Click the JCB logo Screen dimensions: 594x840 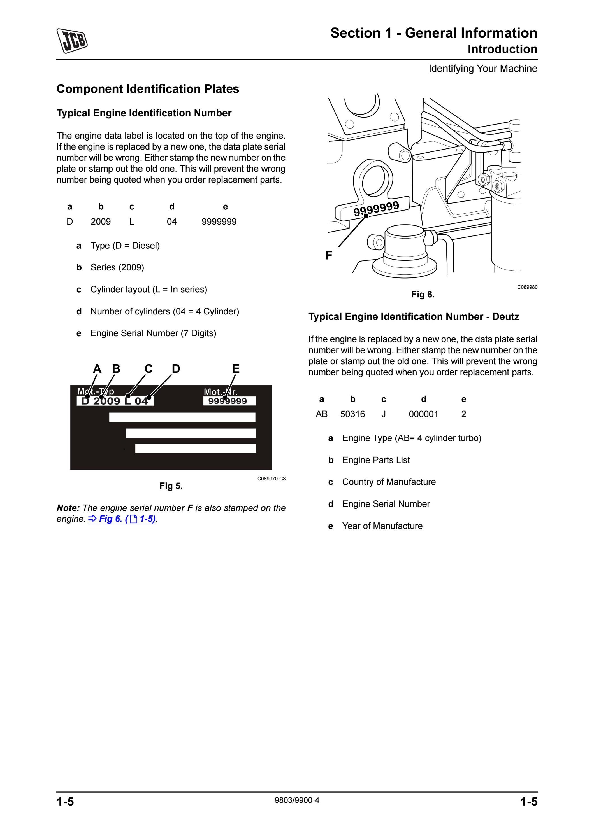point(72,41)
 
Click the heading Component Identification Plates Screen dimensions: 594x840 point(148,89)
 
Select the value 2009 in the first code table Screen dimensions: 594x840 point(101,222)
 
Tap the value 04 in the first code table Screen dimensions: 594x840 point(172,222)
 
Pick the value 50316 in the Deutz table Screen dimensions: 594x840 point(352,414)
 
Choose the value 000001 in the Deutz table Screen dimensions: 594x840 point(423,414)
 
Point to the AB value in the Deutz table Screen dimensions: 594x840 point(322,414)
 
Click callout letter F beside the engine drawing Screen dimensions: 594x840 point(329,255)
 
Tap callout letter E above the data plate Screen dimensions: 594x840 point(236,368)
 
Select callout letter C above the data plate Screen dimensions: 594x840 point(148,368)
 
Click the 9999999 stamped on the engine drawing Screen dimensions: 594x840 point(376,209)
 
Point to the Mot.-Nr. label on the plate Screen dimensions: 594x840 point(220,392)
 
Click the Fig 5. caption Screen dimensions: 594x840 point(171,486)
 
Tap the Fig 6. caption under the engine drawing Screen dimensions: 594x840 point(423,295)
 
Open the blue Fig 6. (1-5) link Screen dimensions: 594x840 point(122,519)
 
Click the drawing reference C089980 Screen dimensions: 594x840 point(527,287)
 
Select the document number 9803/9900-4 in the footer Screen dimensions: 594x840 point(297,800)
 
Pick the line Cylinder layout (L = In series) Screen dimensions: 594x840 point(148,290)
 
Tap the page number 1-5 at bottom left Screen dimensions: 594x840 point(65,802)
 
